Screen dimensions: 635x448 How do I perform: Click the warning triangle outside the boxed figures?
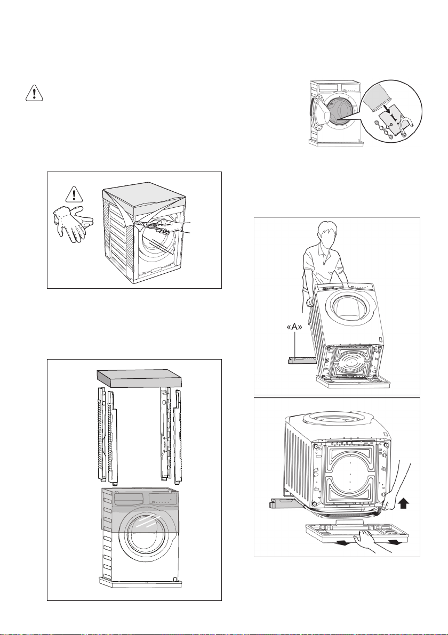tap(34, 93)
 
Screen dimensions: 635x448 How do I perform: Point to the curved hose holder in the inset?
tap(407, 128)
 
